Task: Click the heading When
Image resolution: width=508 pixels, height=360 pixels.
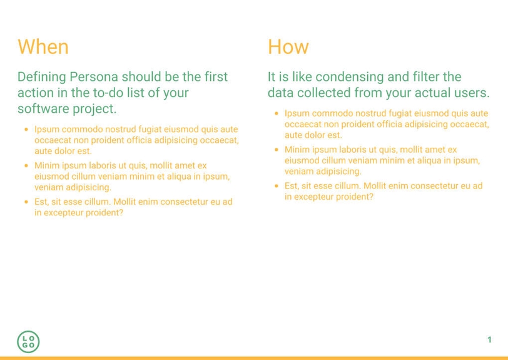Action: point(43,47)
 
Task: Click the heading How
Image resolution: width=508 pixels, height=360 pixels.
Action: point(288,47)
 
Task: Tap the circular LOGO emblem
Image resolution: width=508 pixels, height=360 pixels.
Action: point(28,341)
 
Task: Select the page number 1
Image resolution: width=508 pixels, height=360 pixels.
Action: point(489,340)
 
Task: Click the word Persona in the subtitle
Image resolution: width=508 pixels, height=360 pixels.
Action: point(93,77)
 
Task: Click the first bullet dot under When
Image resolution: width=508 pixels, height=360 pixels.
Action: point(26,130)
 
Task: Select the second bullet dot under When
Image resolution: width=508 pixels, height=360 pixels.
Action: point(26,166)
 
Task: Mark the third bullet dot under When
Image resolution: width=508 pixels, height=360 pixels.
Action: point(26,202)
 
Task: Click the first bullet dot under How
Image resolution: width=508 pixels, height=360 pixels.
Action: point(276,114)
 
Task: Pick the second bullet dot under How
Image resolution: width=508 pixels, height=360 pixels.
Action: point(276,150)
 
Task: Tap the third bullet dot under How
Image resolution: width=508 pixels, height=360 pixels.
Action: point(276,187)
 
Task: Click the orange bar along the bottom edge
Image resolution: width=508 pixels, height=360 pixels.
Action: point(254,358)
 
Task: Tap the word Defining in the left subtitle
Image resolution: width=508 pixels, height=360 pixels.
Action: point(41,77)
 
